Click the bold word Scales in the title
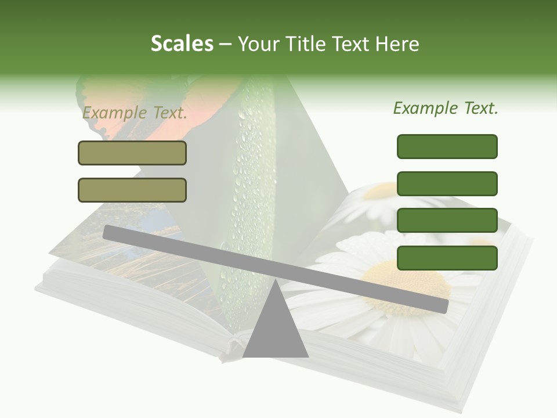click(182, 44)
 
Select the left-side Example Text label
click(134, 113)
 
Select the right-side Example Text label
click(446, 108)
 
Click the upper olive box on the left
click(132, 153)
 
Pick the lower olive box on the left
click(132, 190)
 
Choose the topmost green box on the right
click(447, 146)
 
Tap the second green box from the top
click(447, 183)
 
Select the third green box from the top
click(447, 221)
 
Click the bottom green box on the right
click(447, 258)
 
